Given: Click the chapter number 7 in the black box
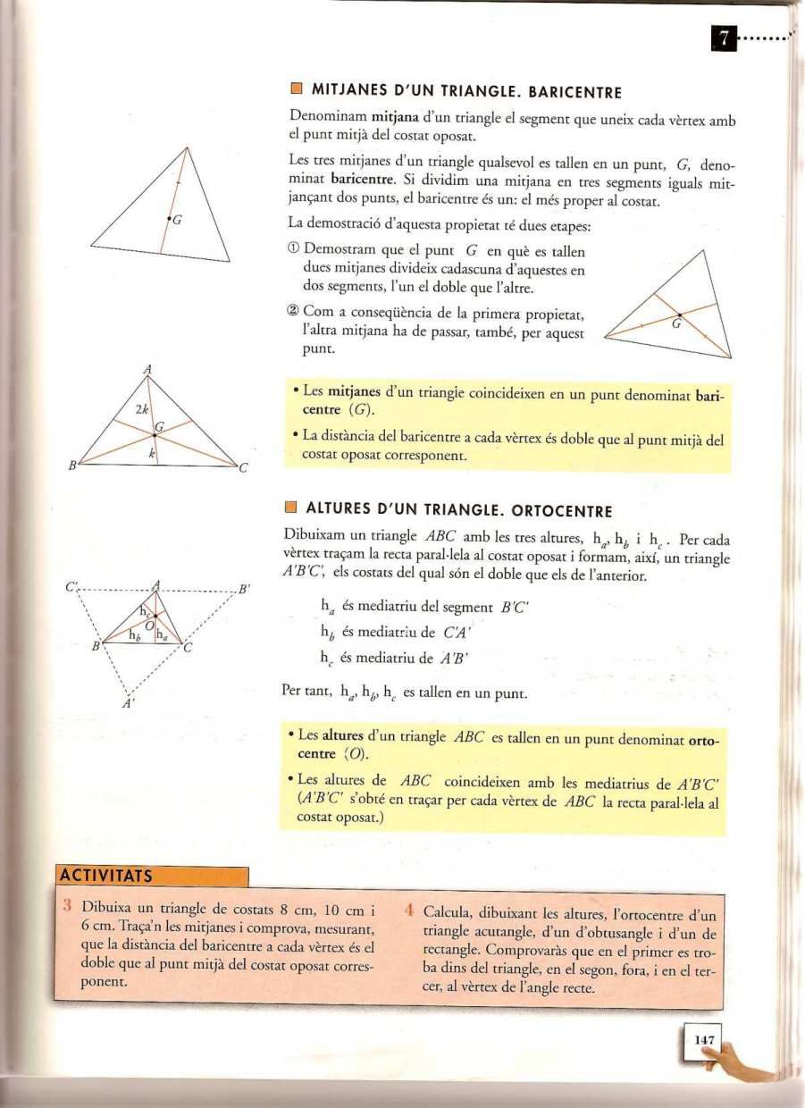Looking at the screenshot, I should pyautogui.click(x=723, y=39).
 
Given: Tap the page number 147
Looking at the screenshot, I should pyautogui.click(x=703, y=1040).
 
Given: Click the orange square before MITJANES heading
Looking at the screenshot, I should pyautogui.click(x=297, y=90).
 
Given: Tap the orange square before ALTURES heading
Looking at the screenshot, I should pyautogui.click(x=290, y=509).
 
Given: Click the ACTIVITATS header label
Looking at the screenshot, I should pyautogui.click(x=105, y=876).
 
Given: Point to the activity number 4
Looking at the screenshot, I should pyautogui.click(x=407, y=912).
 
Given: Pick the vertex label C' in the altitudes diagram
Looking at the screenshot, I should pyautogui.click(x=71, y=588).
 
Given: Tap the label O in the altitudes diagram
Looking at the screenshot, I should pyautogui.click(x=149, y=624).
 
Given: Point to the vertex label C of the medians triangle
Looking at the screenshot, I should pyautogui.click(x=242, y=468).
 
